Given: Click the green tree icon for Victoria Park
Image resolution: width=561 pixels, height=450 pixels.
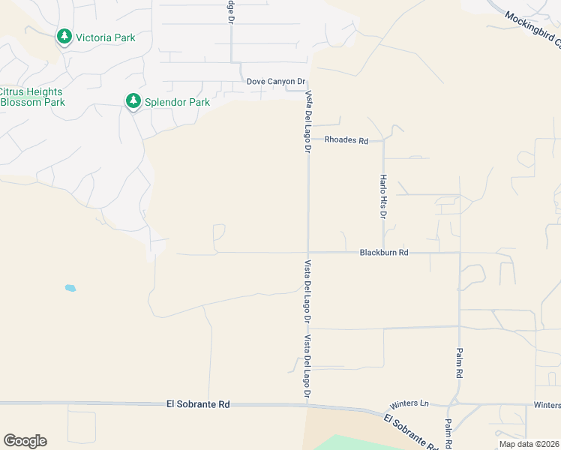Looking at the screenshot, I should click(x=64, y=37).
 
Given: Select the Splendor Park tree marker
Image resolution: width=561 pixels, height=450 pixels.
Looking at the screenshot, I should click(x=133, y=101).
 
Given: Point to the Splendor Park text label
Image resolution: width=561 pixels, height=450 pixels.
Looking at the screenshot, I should click(x=178, y=102).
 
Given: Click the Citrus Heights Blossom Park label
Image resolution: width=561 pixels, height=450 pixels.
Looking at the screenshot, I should click(x=32, y=97).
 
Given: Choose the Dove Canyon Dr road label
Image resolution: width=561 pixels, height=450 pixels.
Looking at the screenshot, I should click(x=276, y=82).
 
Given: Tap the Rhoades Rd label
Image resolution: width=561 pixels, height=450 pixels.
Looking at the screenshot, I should click(x=346, y=140).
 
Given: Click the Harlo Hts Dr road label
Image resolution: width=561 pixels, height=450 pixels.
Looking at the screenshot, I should click(x=382, y=196).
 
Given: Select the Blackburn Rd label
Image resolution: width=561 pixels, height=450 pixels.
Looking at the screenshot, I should click(x=383, y=253).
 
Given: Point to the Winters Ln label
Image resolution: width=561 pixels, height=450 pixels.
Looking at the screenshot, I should click(x=413, y=404).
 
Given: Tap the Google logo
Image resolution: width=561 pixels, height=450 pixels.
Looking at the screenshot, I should click(x=25, y=441).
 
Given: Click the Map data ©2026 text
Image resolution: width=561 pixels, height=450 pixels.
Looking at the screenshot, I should click(x=528, y=444).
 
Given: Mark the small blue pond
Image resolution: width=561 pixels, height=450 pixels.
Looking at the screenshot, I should click(x=70, y=288).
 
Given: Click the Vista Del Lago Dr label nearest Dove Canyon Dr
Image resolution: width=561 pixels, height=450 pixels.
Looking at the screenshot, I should click(x=307, y=122).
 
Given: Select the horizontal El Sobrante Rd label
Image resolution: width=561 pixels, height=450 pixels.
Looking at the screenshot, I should click(x=198, y=404).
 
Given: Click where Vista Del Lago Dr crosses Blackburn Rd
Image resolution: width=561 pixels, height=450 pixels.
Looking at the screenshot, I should click(x=307, y=253).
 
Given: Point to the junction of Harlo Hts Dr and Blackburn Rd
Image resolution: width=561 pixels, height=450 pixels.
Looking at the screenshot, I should click(x=383, y=253).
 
